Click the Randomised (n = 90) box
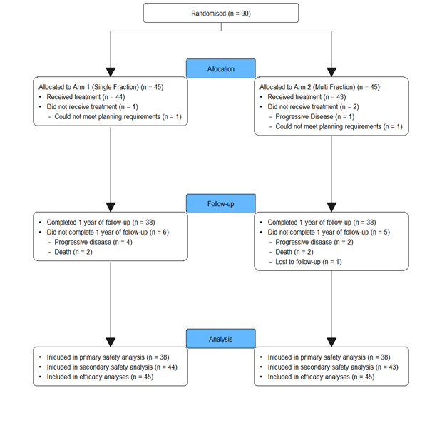coord(221,13)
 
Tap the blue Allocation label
coord(221,68)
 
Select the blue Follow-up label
coord(221,203)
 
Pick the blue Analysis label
coord(221,339)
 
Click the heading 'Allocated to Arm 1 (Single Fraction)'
coord(89,87)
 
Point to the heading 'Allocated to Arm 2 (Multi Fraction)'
coord(307,87)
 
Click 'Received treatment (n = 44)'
coord(86,97)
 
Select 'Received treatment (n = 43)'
coord(307,97)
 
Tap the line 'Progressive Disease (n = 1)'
coord(315,116)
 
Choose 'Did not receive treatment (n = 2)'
coord(314,107)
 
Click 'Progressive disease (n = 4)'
coord(93,242)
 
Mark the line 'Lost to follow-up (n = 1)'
coord(309,262)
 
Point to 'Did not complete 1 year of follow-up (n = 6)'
coord(108,233)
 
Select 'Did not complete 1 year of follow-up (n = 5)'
coord(329,233)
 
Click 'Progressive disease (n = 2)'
coord(314,242)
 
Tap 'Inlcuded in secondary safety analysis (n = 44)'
coord(112,367)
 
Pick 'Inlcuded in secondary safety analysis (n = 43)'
coord(333,367)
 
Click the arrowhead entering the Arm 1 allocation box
coord(110,72)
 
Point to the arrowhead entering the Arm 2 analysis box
coord(331,342)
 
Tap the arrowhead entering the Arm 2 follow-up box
coord(331,208)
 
